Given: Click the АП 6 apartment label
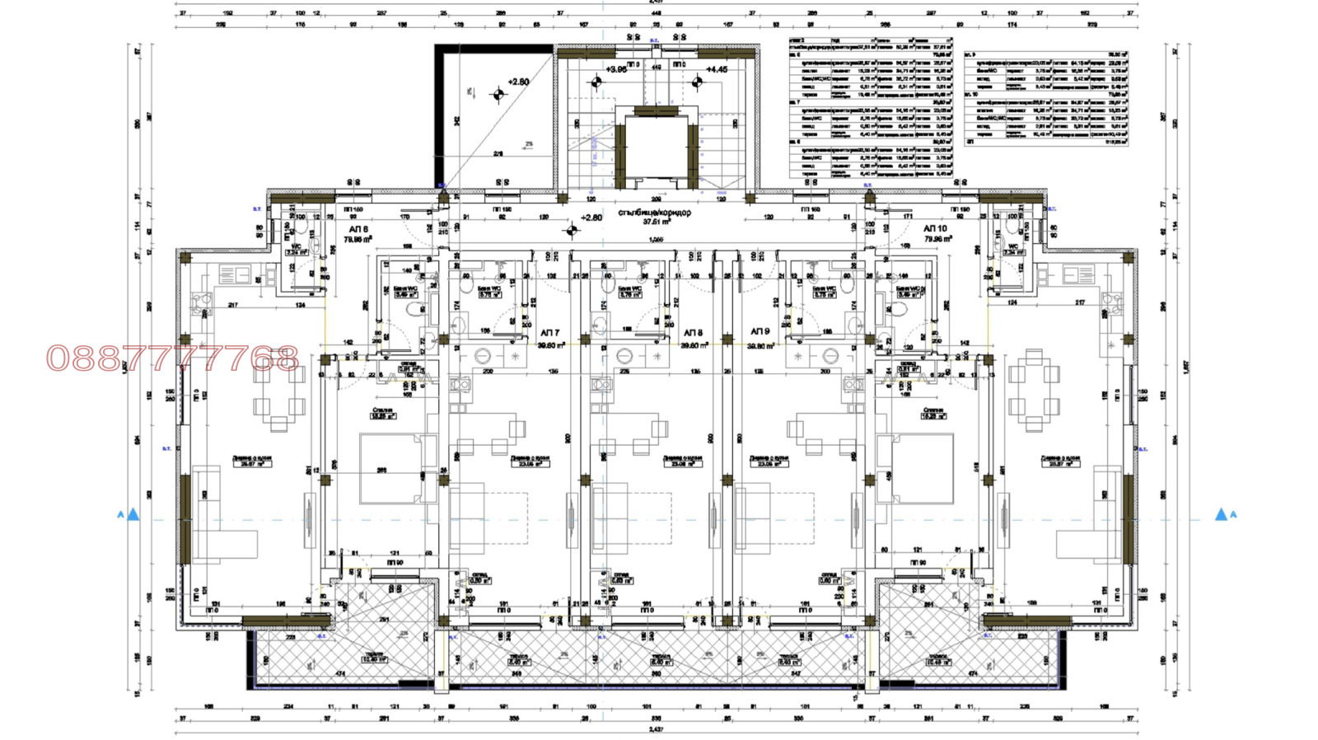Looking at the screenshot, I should [358, 229].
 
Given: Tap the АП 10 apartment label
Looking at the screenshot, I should [935, 228].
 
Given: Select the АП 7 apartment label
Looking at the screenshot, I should [549, 333].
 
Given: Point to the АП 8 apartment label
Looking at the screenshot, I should [693, 333].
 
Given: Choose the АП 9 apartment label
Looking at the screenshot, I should [759, 331].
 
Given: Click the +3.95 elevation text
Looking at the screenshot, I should [616, 70].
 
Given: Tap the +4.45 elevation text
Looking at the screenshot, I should [717, 70].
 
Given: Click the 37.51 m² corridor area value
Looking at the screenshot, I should [656, 222].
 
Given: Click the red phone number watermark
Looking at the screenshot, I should [172, 358].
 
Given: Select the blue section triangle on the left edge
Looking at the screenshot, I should [133, 514].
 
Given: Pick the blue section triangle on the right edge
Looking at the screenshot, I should [1221, 514].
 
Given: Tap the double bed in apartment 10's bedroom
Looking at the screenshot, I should [916, 468].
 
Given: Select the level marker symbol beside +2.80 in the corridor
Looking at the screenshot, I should [571, 231].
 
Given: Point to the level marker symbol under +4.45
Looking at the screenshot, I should [697, 82].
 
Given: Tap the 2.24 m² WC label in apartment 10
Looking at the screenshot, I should [1012, 251].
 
